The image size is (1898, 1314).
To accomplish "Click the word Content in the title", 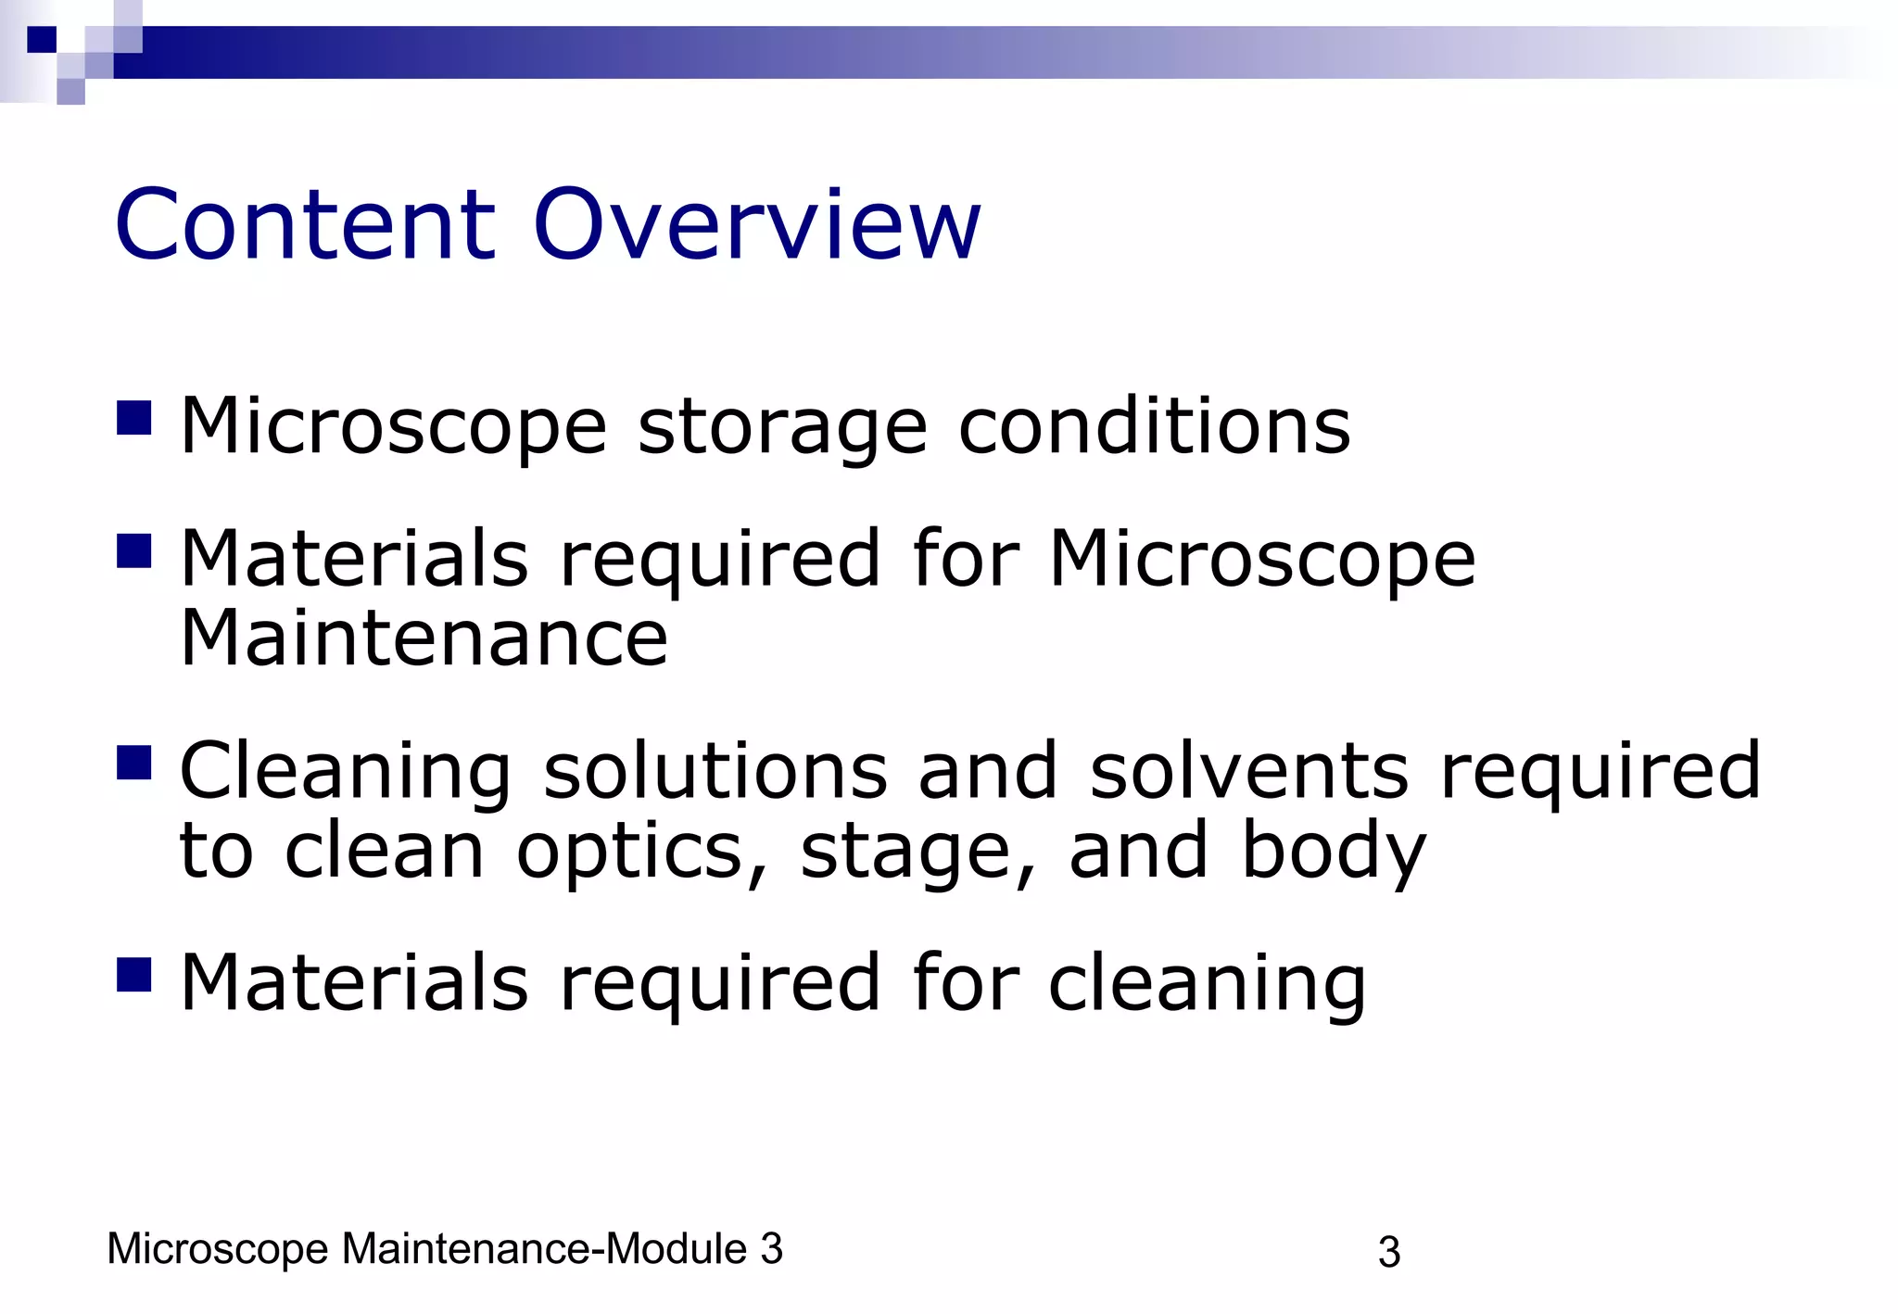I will point(306,225).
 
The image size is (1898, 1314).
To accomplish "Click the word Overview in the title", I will point(756,225).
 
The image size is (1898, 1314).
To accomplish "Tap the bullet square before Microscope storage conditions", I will point(133,418).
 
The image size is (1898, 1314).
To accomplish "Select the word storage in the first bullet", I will point(782,428).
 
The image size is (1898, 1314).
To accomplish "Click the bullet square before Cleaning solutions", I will point(133,764).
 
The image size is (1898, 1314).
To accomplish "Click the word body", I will point(1333,853).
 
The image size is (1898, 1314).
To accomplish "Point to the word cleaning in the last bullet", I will point(1207,984).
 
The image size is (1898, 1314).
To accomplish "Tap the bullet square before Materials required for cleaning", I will point(133,975).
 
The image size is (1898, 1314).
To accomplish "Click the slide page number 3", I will point(1388,1253).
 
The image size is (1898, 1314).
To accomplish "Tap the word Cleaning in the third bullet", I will point(345,773).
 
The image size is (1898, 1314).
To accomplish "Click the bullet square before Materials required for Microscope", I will point(133,551).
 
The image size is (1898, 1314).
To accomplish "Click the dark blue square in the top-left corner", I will point(42,40).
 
